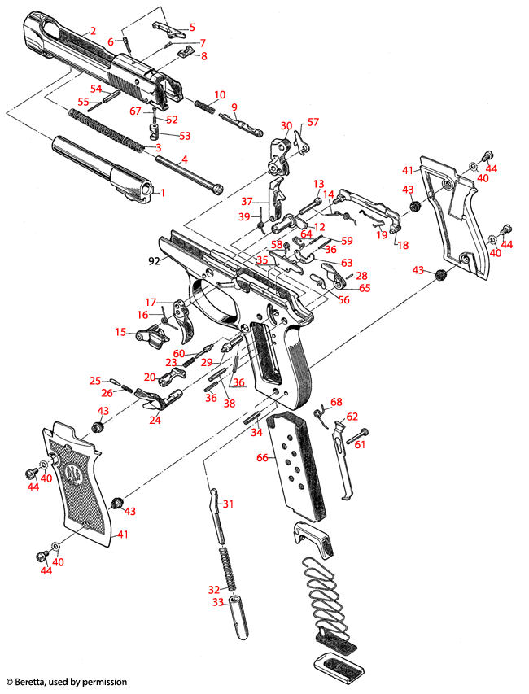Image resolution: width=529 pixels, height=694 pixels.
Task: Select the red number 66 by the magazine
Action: (x=262, y=458)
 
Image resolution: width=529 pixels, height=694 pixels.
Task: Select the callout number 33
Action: (x=217, y=603)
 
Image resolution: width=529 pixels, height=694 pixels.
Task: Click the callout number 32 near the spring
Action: (x=214, y=589)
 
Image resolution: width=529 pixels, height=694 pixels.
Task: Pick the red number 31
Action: (x=229, y=504)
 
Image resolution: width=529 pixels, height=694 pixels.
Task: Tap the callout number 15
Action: (x=120, y=332)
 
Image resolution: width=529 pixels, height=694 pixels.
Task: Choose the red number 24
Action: (x=154, y=420)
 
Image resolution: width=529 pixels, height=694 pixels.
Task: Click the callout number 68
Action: (x=336, y=402)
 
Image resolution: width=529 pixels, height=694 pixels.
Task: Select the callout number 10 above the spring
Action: (x=209, y=95)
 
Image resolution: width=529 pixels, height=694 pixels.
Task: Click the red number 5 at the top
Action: (x=193, y=28)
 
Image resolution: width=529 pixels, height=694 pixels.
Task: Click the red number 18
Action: (x=401, y=244)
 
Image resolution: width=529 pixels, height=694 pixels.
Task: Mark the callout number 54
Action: (x=95, y=88)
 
